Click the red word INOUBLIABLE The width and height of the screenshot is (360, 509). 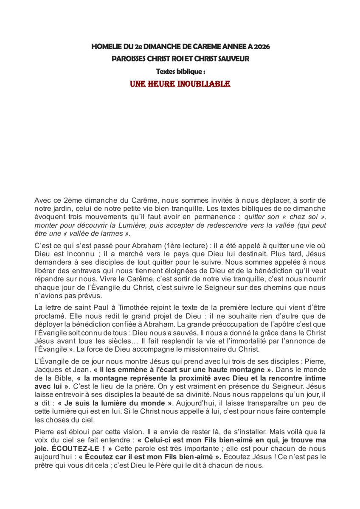point(205,84)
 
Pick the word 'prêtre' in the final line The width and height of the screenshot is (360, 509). point(44,465)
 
